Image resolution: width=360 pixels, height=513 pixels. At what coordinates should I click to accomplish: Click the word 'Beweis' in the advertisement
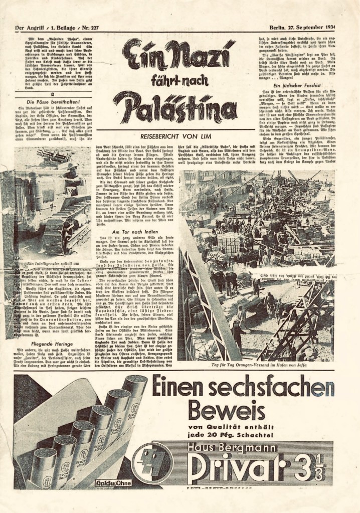tap(233, 411)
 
